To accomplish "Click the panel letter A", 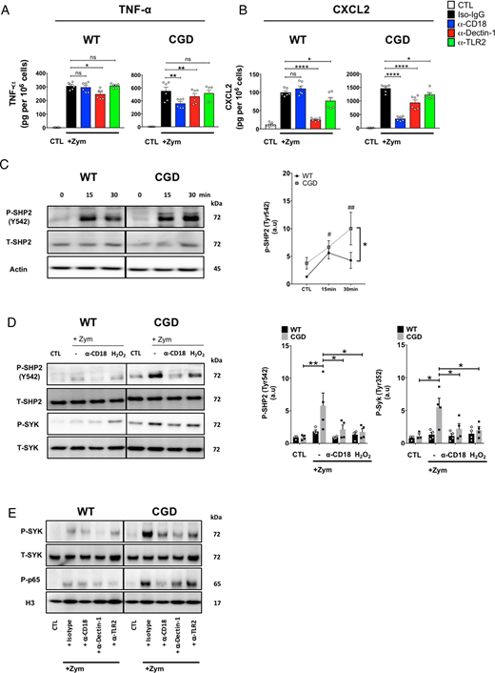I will tap(9, 10).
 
